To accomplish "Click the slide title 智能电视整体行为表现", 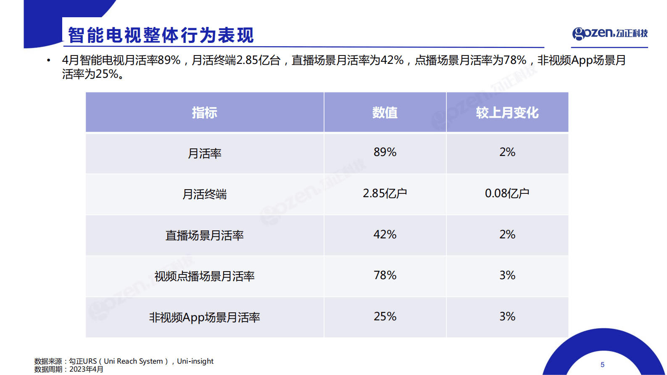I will pos(161,35).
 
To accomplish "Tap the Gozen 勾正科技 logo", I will pos(610,33).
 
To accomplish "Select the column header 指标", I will pos(205,113).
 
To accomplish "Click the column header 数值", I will pos(385,113).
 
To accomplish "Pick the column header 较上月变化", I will pos(507,113).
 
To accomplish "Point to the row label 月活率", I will pos(205,153).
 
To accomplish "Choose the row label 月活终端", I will pos(205,194).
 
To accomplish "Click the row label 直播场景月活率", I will pos(205,235).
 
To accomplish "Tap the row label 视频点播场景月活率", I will pos(205,276).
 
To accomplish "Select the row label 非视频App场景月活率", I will pos(205,317).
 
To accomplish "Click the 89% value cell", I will pos(385,152).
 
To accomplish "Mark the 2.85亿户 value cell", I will pos(385,193).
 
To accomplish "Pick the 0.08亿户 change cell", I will pos(507,193).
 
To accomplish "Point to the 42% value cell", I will pos(385,235).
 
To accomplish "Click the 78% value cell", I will pos(385,275).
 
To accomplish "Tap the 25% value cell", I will pos(385,317).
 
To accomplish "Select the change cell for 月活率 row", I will pos(507,152).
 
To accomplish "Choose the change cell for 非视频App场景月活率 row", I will pos(507,317).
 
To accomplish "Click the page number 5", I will pos(602,365).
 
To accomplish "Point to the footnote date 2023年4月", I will pos(86,369).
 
